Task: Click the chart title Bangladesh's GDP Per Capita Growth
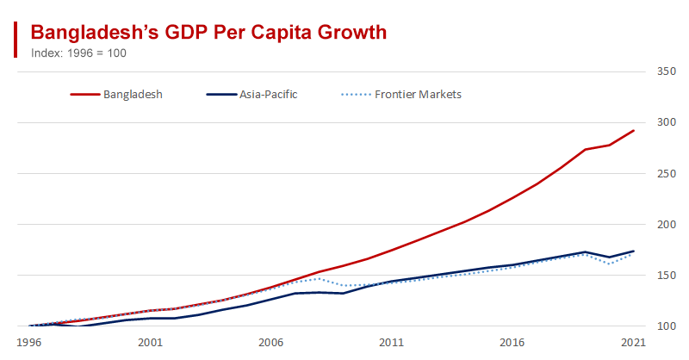pyautogui.click(x=208, y=33)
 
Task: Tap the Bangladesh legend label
pyautogui.click(x=133, y=94)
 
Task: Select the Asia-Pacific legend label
pyautogui.click(x=269, y=94)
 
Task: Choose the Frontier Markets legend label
pyautogui.click(x=419, y=94)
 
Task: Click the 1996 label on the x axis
pyautogui.click(x=29, y=342)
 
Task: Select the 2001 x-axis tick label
pyautogui.click(x=150, y=342)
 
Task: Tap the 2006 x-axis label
pyautogui.click(x=270, y=342)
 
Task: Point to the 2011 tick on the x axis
pyautogui.click(x=392, y=342)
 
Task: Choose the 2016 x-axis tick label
pyautogui.click(x=512, y=342)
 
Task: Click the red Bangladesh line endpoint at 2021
pyautogui.click(x=633, y=131)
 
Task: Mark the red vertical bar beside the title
pyautogui.click(x=16, y=40)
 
